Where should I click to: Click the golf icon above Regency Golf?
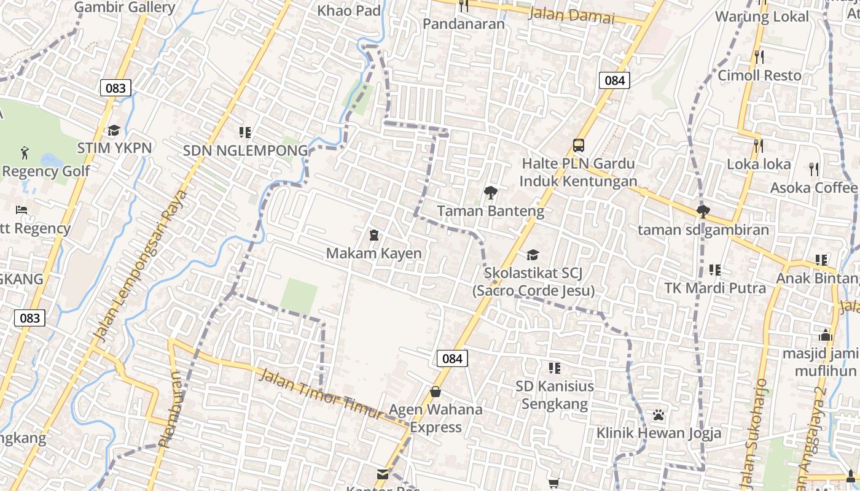click(x=24, y=152)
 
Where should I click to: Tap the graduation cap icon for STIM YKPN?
click(x=114, y=130)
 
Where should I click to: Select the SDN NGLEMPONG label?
click(x=245, y=150)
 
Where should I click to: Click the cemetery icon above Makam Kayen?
click(x=373, y=235)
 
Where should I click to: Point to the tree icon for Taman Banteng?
click(x=490, y=193)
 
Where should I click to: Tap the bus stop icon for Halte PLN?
click(x=578, y=145)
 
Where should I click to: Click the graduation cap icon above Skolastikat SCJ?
click(x=533, y=254)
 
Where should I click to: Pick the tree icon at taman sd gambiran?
click(x=703, y=212)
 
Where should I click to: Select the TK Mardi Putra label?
click(x=715, y=288)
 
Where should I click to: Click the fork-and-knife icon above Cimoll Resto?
click(x=759, y=57)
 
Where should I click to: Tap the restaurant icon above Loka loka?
click(x=759, y=145)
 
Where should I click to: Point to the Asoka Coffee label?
click(x=813, y=187)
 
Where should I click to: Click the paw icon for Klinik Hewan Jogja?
click(x=659, y=415)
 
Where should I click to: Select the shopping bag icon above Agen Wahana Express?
click(x=436, y=391)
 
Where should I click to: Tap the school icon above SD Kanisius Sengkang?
click(x=554, y=368)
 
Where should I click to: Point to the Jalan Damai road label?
click(x=571, y=15)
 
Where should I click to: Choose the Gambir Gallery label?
click(x=124, y=7)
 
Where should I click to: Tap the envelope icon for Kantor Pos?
click(x=383, y=474)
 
